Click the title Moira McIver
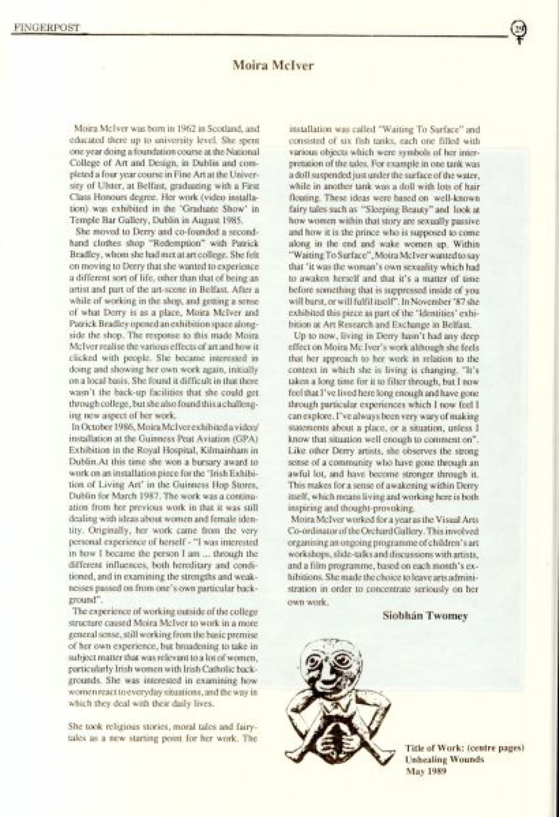(x=273, y=66)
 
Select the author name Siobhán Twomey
(x=425, y=616)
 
